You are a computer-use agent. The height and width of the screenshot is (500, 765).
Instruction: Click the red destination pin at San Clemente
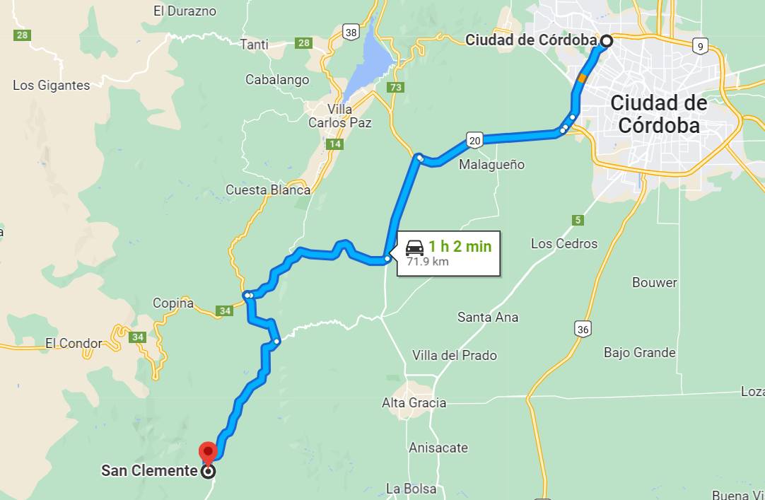tap(208, 451)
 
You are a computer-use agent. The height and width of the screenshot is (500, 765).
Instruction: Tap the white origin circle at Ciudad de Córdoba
tap(606, 41)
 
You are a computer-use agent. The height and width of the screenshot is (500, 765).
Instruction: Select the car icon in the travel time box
tap(415, 247)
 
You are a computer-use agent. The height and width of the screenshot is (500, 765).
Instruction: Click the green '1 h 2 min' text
tap(460, 247)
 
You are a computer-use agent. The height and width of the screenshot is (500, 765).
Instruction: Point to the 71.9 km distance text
tap(428, 262)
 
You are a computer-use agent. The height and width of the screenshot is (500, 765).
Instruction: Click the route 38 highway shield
tap(351, 32)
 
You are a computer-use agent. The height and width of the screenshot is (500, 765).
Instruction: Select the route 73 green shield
tap(396, 88)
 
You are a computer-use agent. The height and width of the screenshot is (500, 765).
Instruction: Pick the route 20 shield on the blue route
tap(474, 141)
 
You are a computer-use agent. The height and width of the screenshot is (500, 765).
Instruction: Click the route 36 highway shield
tap(583, 329)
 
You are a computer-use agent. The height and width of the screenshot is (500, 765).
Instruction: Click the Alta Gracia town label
tap(414, 403)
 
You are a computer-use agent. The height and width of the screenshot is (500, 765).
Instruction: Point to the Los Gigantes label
tap(52, 86)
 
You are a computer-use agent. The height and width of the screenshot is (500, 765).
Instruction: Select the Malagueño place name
tap(492, 165)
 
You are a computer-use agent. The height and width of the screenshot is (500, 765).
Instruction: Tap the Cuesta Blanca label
tap(268, 190)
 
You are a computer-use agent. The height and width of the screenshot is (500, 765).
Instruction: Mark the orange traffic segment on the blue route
tap(581, 78)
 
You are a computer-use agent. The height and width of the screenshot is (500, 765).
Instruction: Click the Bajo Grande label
tap(640, 352)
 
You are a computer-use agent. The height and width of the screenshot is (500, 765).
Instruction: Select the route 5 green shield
tap(578, 220)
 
